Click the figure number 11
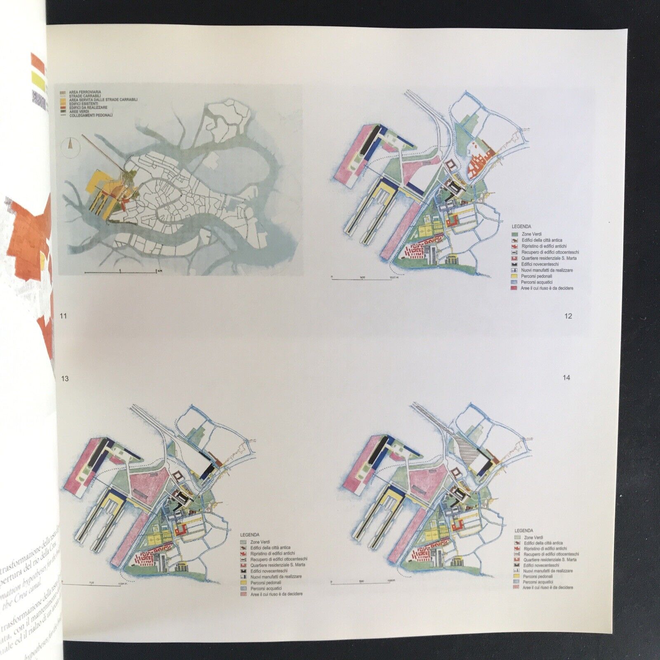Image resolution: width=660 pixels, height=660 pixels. pos(63,316)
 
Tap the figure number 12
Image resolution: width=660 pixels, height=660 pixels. pos(568,316)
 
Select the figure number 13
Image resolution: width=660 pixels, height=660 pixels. pos(64,378)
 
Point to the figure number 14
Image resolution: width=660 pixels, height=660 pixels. pos(566,377)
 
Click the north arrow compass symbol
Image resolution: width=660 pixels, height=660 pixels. pos(70,147)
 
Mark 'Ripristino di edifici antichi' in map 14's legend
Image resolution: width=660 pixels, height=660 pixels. pos(545,549)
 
